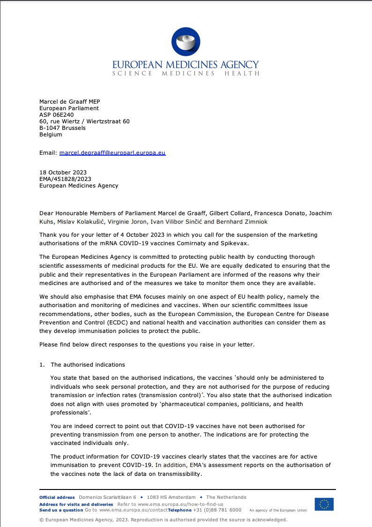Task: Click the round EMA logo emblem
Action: [x=186, y=42]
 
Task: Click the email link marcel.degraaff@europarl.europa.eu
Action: [x=112, y=152]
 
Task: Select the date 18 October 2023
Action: [x=63, y=173]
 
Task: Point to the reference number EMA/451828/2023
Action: [x=65, y=179]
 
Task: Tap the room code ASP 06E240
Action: [x=56, y=115]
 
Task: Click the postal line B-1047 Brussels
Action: [x=62, y=128]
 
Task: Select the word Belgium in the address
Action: [x=51, y=135]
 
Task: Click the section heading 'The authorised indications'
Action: [x=88, y=365]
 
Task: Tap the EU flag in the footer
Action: [x=324, y=504]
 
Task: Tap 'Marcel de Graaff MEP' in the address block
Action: [x=70, y=102]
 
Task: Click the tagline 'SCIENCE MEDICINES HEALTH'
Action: [x=186, y=74]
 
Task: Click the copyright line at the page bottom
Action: [x=164, y=519]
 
